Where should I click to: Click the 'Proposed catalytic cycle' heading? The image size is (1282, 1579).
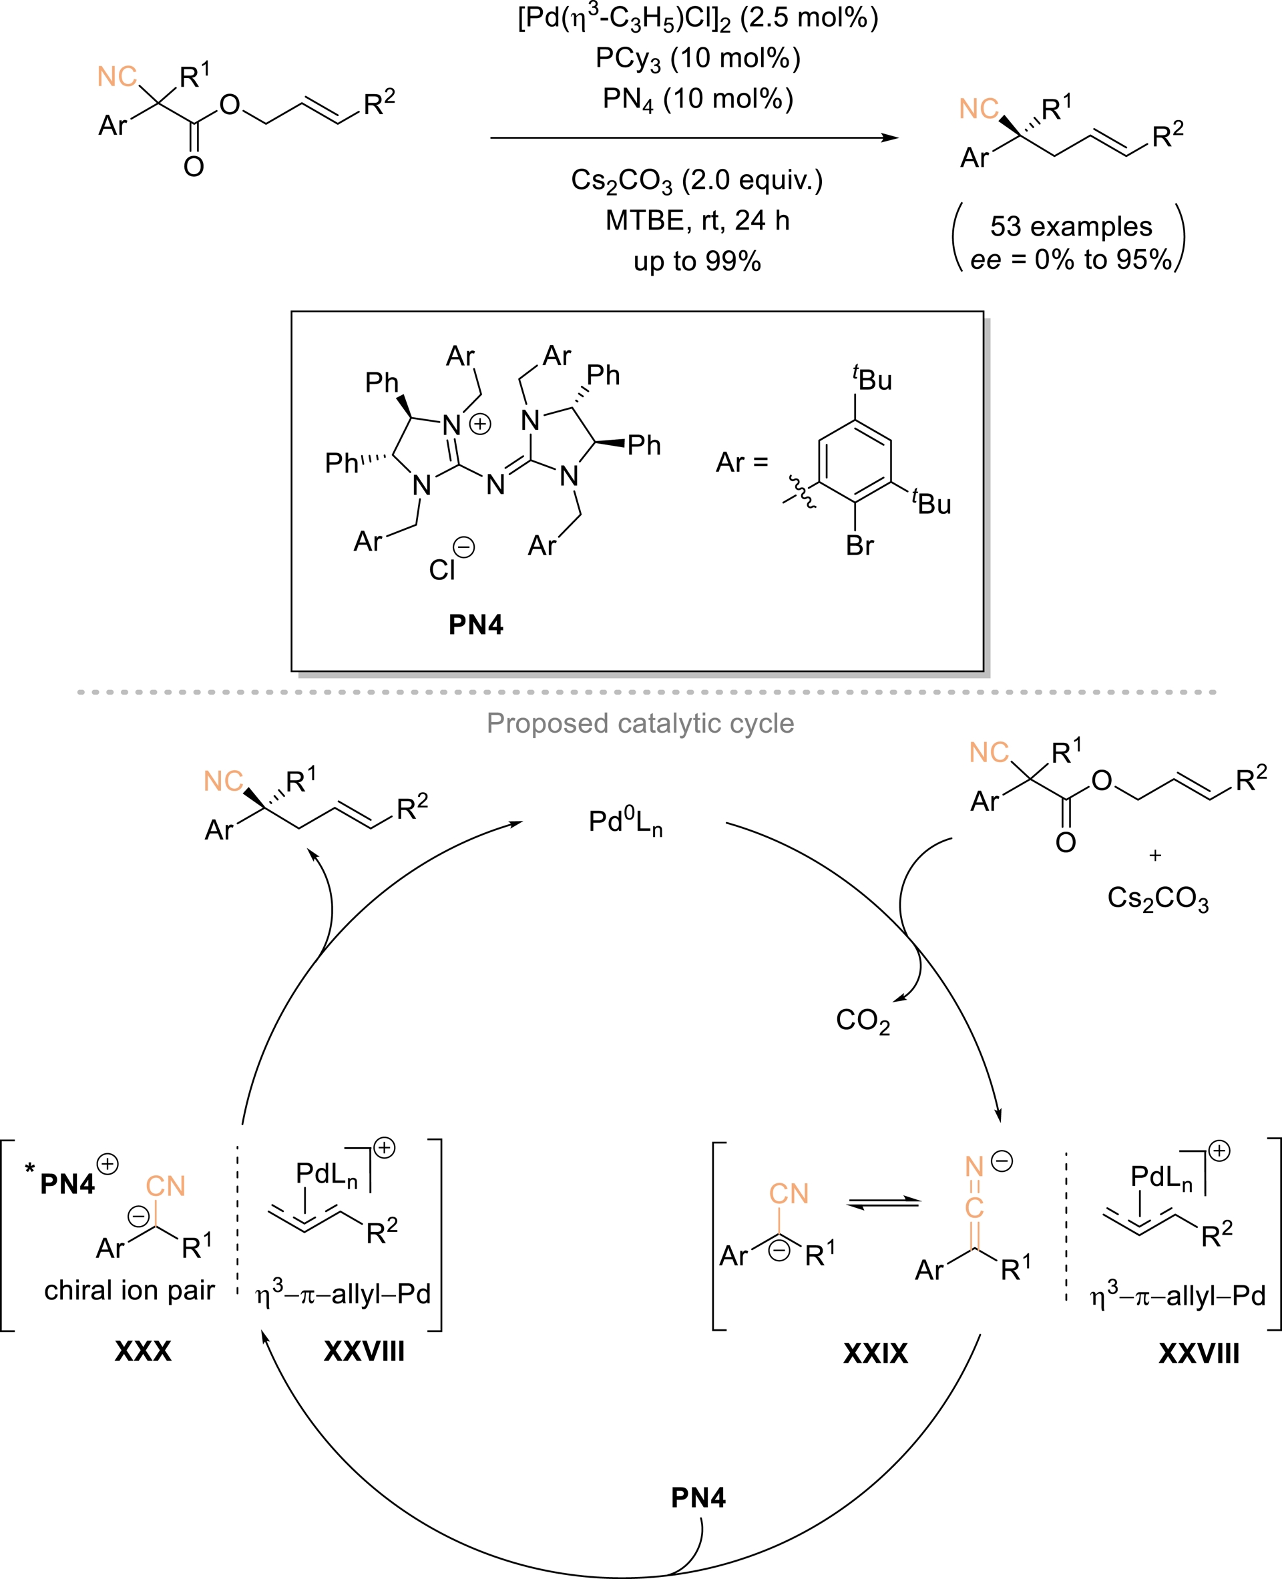(640, 723)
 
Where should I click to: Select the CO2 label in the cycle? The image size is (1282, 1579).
(862, 1020)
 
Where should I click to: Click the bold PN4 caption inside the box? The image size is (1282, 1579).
(475, 625)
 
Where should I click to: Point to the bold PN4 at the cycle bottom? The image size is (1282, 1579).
(698, 1498)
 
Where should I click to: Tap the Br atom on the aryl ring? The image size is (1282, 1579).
(859, 545)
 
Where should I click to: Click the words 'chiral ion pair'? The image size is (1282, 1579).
(130, 1291)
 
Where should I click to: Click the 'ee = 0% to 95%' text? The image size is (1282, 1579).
(1071, 260)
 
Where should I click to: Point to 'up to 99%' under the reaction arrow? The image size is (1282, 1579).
(697, 262)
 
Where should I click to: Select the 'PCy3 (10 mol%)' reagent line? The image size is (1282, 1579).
(698, 58)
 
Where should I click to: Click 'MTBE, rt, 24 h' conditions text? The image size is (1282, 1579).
(697, 221)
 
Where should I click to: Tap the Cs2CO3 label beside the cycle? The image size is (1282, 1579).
(1158, 898)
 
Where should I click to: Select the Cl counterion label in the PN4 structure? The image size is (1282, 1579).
(441, 570)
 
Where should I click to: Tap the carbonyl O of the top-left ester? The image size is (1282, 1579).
(194, 167)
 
